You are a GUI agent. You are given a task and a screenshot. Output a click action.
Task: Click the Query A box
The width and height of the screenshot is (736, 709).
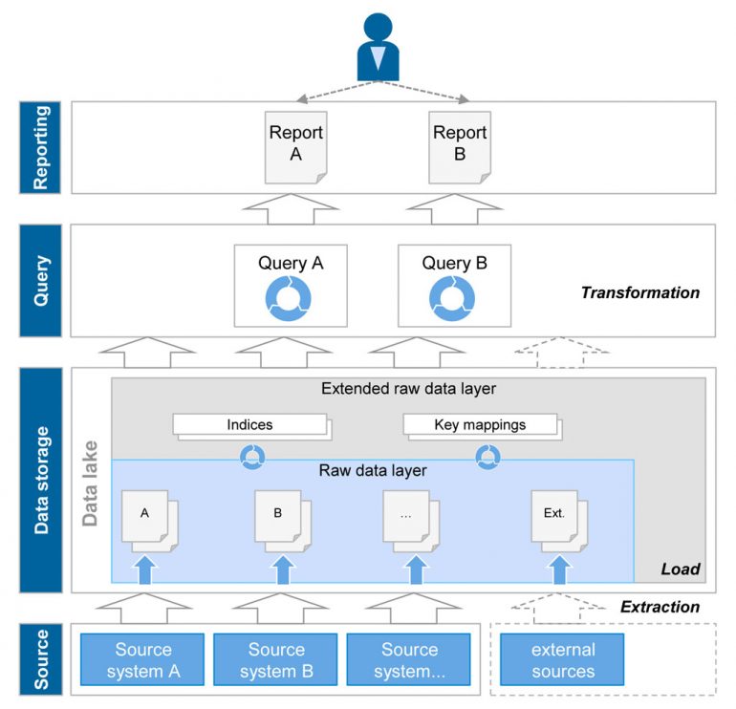(x=291, y=284)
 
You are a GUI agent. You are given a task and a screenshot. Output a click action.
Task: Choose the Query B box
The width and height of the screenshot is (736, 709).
(x=454, y=284)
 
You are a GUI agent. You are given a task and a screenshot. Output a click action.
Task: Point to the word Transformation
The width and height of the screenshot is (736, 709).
(x=639, y=292)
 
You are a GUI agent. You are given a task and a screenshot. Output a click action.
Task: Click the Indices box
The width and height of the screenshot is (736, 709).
(x=249, y=424)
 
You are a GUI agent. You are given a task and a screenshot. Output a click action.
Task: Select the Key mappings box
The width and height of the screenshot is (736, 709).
(x=479, y=424)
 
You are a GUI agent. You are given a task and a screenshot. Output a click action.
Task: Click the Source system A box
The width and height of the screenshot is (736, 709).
(x=142, y=660)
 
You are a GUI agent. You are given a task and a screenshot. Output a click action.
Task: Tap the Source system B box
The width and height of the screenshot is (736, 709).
(x=276, y=660)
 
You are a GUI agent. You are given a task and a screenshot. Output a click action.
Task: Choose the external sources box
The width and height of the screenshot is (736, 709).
(x=562, y=660)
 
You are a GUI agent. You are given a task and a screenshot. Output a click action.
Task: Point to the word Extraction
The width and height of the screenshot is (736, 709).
(x=660, y=607)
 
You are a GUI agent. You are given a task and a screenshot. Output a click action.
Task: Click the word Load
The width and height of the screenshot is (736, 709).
(x=681, y=569)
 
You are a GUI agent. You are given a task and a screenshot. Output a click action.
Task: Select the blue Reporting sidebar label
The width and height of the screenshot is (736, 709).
(x=41, y=148)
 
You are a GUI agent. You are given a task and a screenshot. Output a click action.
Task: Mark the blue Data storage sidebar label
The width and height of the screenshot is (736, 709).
(x=41, y=480)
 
